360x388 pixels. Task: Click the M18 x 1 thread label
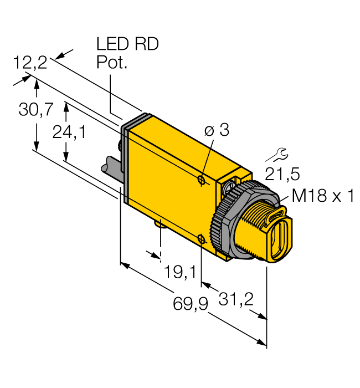pyautogui.click(x=323, y=196)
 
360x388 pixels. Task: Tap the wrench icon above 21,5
pyautogui.click(x=280, y=153)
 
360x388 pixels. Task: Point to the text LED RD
pyautogui.click(x=127, y=44)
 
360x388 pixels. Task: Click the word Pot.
pyautogui.click(x=112, y=63)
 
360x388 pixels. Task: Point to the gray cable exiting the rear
pyautogui.click(x=111, y=166)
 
